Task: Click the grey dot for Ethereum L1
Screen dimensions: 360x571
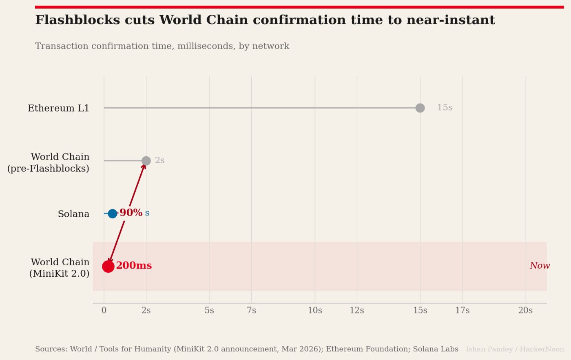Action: [420, 108]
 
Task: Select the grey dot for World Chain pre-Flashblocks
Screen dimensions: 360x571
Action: [146, 161]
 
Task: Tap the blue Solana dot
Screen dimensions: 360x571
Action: [113, 213]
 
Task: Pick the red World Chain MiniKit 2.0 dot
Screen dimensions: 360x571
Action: [108, 267]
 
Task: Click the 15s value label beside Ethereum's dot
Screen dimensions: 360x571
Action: [445, 108]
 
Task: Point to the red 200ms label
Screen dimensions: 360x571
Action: [134, 266]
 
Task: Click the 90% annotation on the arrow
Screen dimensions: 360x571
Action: [131, 213]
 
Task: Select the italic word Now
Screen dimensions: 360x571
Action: [540, 266]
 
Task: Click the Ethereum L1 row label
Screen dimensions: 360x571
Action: [58, 108]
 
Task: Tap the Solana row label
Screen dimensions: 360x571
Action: [73, 214]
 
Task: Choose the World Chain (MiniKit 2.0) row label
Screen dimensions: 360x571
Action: [60, 268]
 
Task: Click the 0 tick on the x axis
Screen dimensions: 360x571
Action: [104, 311]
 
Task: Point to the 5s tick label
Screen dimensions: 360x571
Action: [209, 311]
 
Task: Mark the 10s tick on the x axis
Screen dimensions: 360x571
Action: [315, 311]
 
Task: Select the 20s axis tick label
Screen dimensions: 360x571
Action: [525, 311]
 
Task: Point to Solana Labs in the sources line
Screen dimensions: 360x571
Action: [436, 349]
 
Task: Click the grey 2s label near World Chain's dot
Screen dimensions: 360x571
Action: [159, 161]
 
